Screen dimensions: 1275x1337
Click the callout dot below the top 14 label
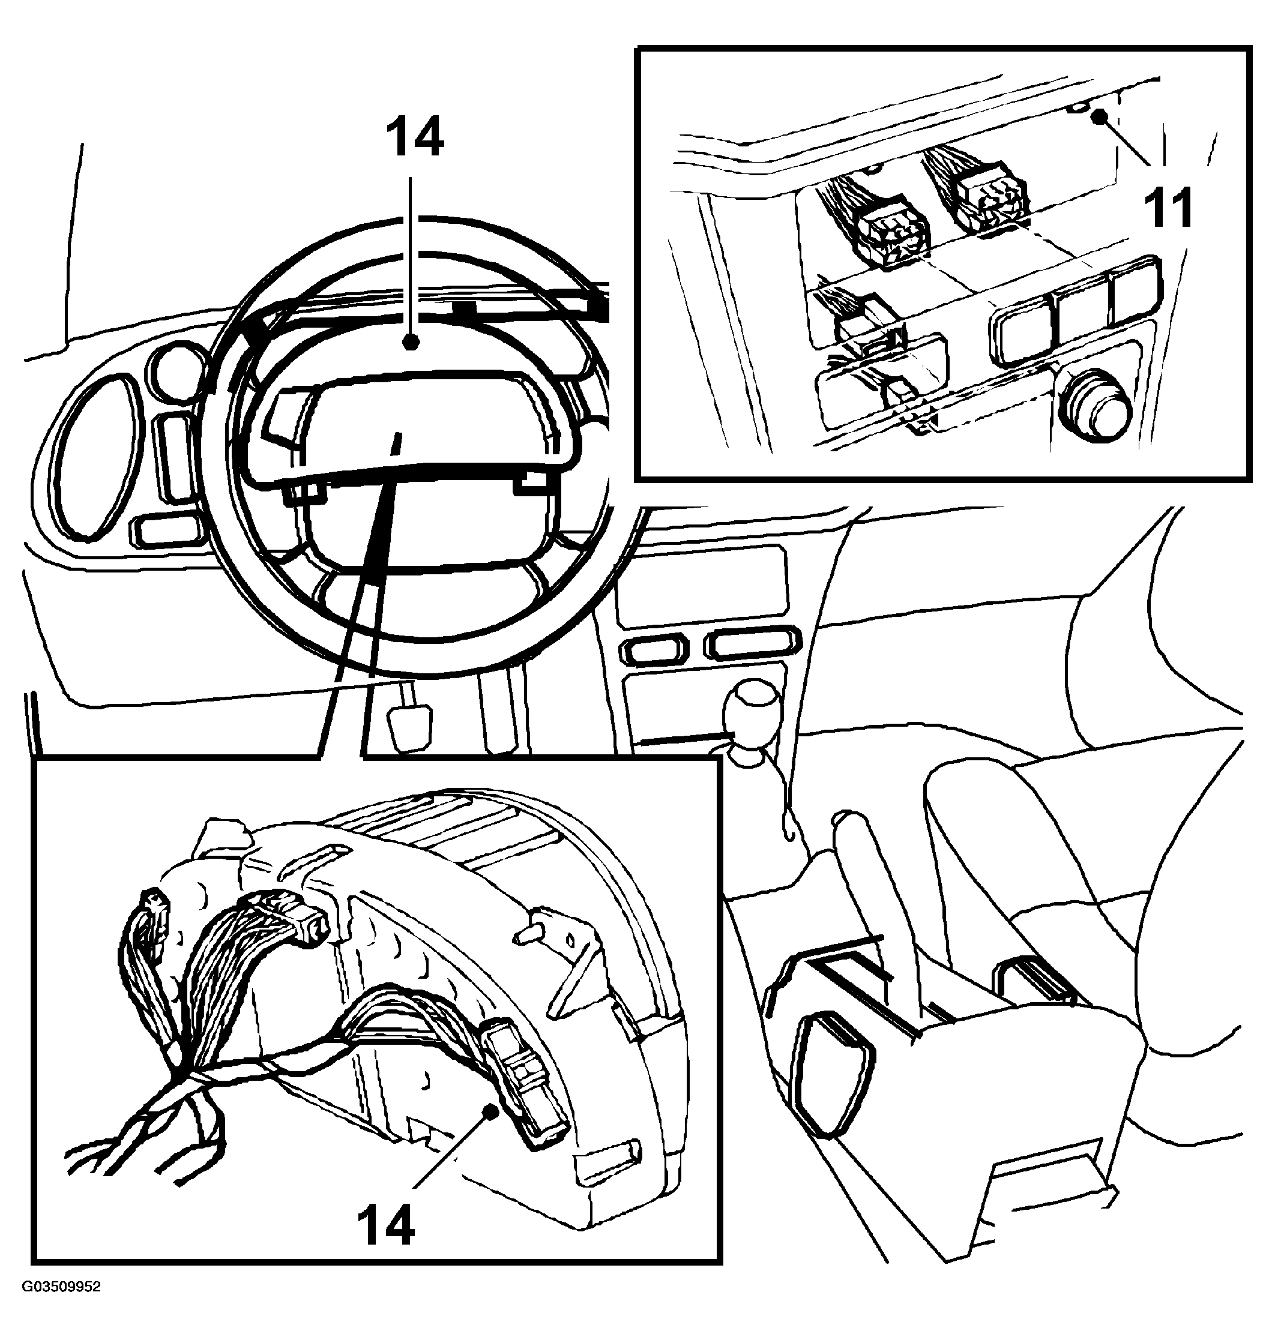[x=409, y=344]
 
